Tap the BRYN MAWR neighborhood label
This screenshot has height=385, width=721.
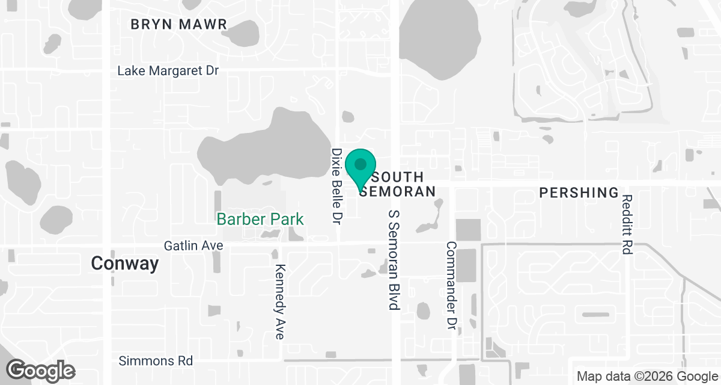point(179,25)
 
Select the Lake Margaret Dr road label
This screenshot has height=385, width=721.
point(168,71)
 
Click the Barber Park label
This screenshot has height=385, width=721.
point(260,219)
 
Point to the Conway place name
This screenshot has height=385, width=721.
point(125,263)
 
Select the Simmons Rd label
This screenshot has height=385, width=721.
point(156,361)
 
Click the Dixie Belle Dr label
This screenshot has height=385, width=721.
point(337,186)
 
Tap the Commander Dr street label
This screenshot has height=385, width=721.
point(451,285)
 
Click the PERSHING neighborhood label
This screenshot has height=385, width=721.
point(579,192)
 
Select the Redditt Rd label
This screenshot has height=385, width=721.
point(627,224)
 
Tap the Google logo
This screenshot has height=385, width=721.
point(41,369)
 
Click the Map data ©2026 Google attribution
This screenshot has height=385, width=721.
point(646,377)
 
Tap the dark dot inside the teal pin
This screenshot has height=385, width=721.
point(360,164)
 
